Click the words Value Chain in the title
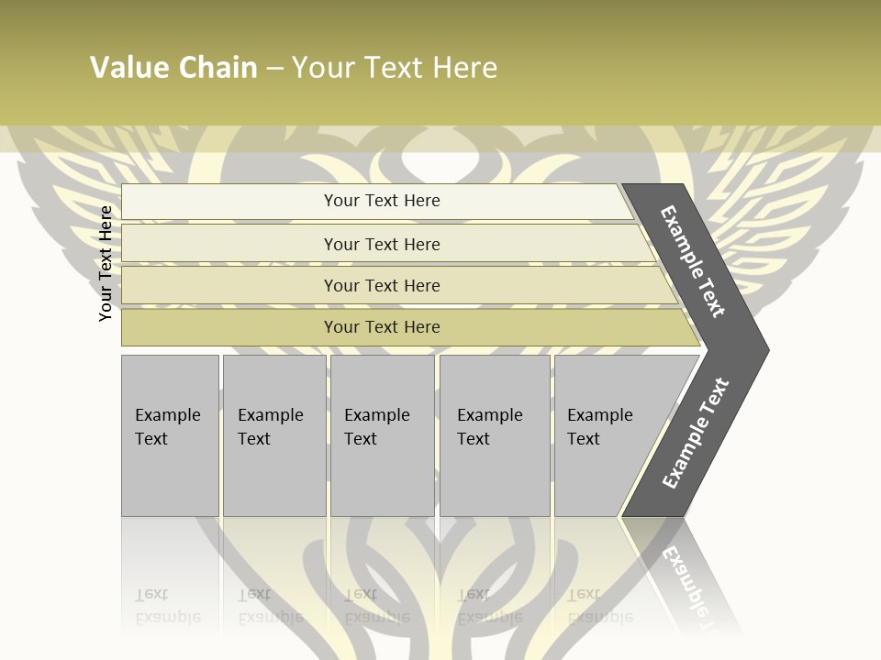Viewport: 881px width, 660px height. [x=173, y=68]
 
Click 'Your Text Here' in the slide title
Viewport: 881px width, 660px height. [x=395, y=68]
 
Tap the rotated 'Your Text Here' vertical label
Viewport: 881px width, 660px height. [x=106, y=263]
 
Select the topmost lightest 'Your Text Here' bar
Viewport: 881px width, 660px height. [x=381, y=201]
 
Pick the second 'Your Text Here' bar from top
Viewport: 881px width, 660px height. [x=381, y=244]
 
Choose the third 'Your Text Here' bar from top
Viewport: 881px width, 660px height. [x=381, y=285]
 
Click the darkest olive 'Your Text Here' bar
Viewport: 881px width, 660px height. [x=381, y=327]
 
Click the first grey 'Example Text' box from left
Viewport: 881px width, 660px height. [x=170, y=435]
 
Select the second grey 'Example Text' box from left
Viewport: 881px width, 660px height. [x=273, y=435]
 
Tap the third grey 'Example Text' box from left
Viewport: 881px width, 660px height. [x=382, y=435]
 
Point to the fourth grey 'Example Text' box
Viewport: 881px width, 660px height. [x=494, y=435]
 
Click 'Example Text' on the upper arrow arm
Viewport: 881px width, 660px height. [x=693, y=261]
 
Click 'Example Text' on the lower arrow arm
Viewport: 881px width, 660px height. [x=695, y=434]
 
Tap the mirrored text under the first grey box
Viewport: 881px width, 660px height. [x=167, y=606]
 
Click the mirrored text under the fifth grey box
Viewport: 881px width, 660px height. [x=599, y=606]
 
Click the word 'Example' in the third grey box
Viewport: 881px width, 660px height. [x=376, y=415]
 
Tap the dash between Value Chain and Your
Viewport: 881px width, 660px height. [x=274, y=69]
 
